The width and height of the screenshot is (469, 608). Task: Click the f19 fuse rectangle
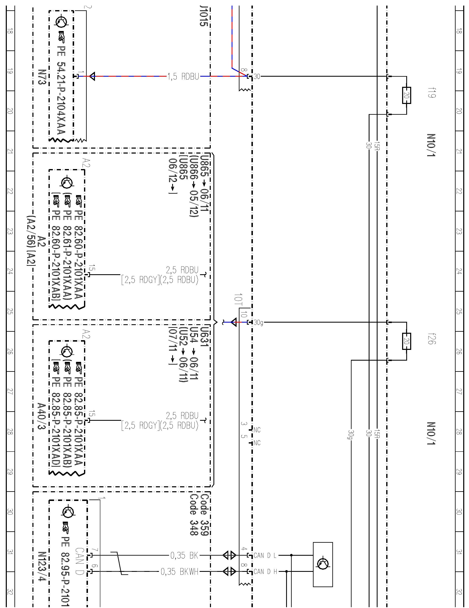(406, 95)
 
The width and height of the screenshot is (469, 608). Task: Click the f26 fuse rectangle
(406, 341)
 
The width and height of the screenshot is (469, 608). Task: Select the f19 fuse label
(432, 92)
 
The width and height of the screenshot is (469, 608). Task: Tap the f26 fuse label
(432, 339)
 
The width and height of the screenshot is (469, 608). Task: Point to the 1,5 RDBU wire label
(184, 76)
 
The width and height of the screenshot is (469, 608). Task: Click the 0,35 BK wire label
(184, 555)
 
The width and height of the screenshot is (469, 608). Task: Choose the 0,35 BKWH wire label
(180, 572)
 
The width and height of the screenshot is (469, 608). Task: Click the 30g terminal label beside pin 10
(258, 323)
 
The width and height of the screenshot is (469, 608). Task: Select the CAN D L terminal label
(265, 555)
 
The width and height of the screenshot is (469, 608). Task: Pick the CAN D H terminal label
(265, 572)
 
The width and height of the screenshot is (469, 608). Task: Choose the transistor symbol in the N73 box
(62, 22)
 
